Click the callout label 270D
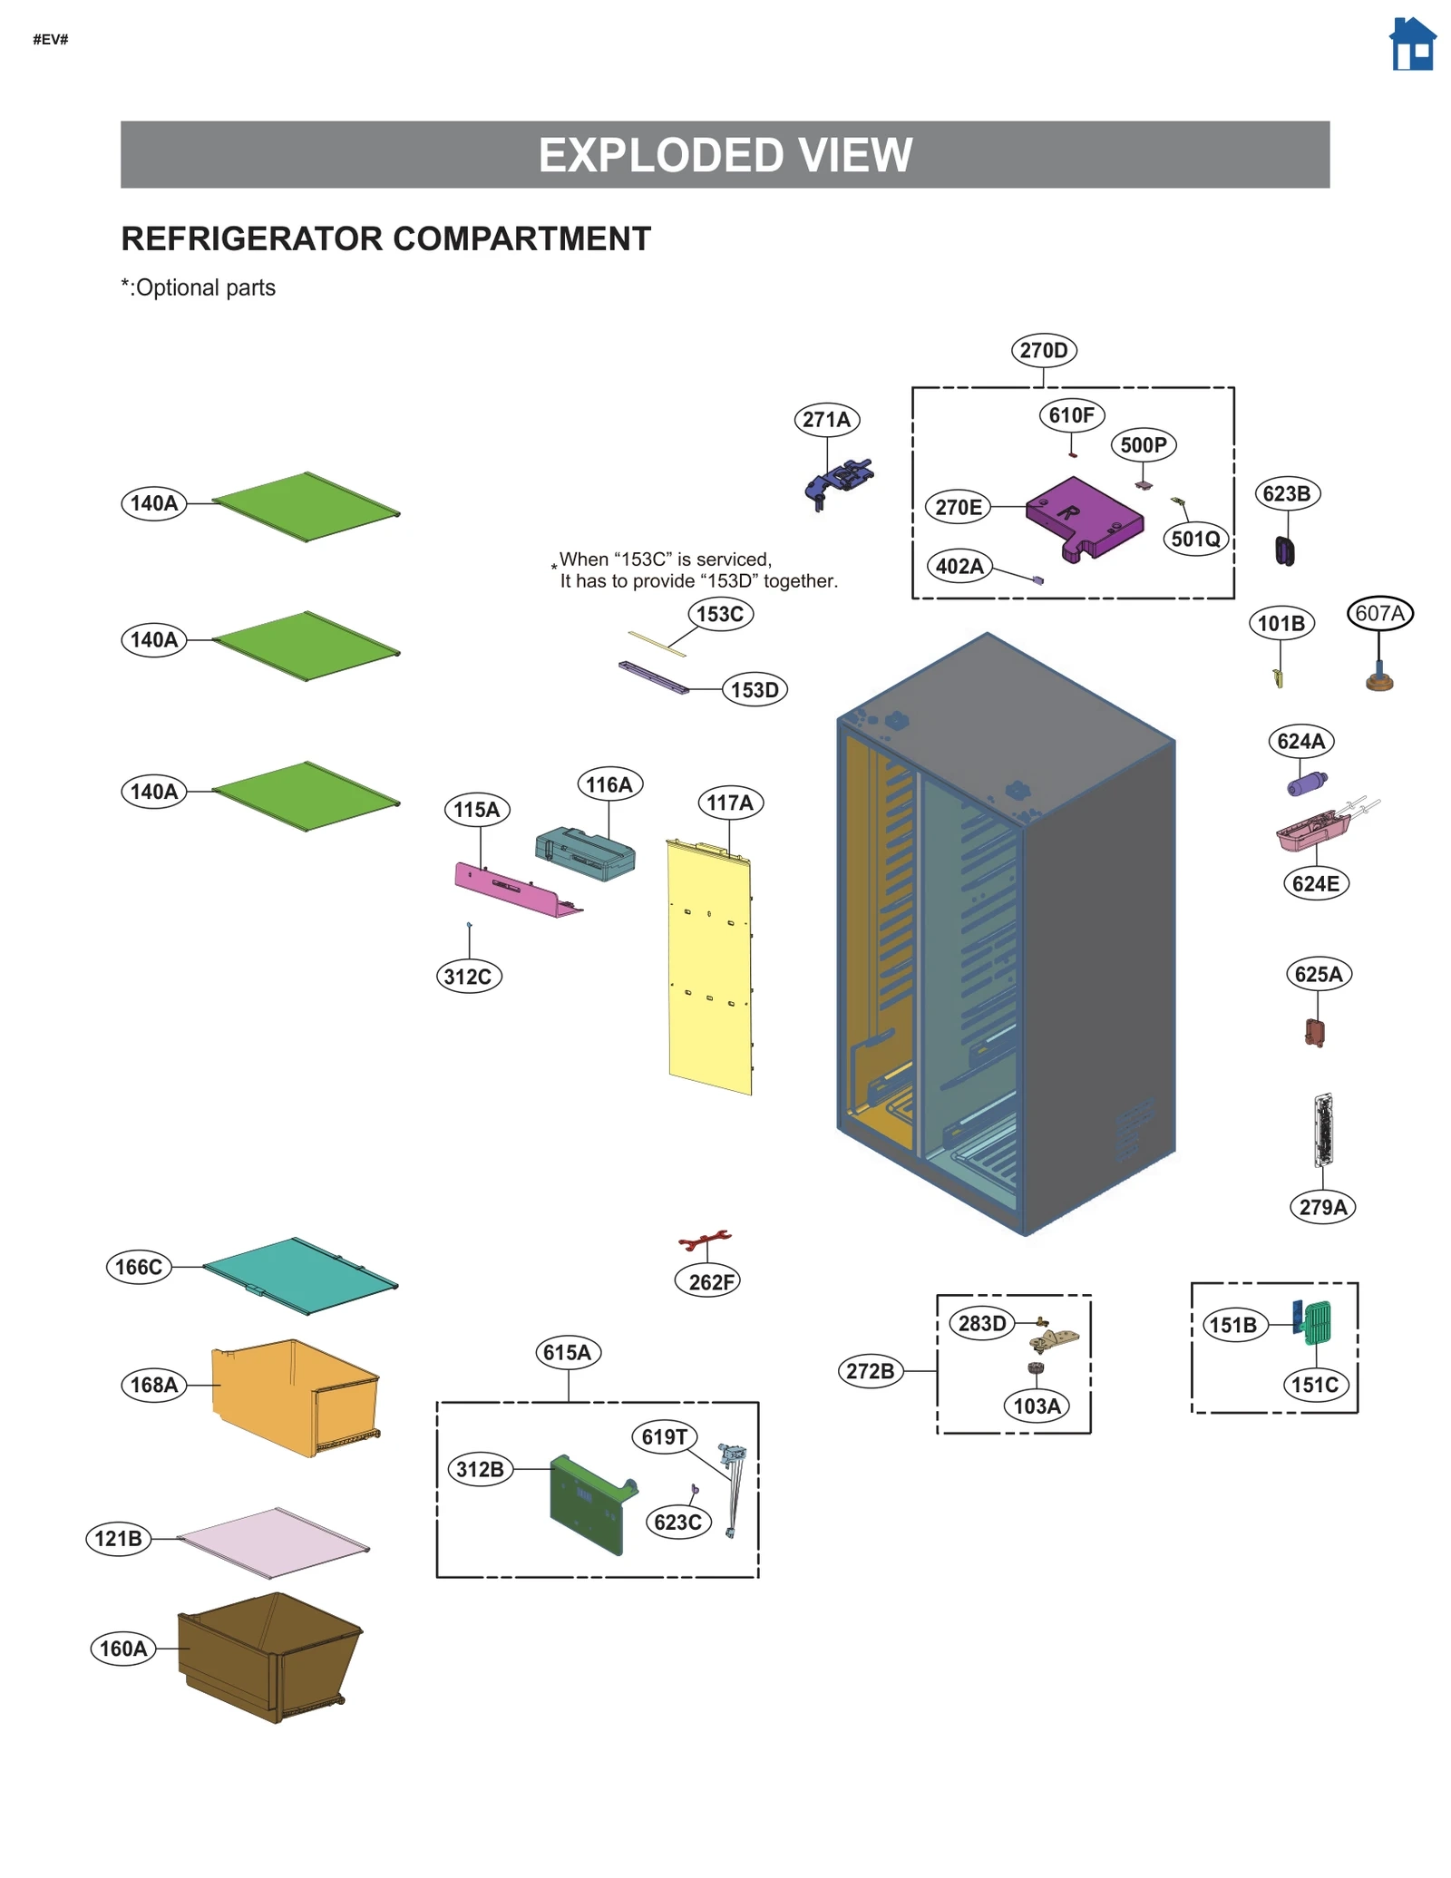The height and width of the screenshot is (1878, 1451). (1043, 350)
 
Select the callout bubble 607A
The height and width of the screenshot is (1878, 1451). (1379, 613)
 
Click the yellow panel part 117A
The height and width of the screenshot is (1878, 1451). (710, 966)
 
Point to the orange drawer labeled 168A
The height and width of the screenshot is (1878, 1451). (295, 1396)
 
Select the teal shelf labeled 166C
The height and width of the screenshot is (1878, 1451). (299, 1274)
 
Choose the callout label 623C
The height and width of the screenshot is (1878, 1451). (677, 1522)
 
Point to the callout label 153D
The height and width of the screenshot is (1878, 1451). (755, 689)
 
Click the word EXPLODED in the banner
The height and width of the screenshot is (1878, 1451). (645, 155)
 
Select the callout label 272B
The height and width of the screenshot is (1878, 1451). (870, 1370)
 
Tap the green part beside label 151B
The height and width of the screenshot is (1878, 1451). (1318, 1322)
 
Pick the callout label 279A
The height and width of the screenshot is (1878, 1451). (1322, 1207)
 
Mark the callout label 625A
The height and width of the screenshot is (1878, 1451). (1318, 974)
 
